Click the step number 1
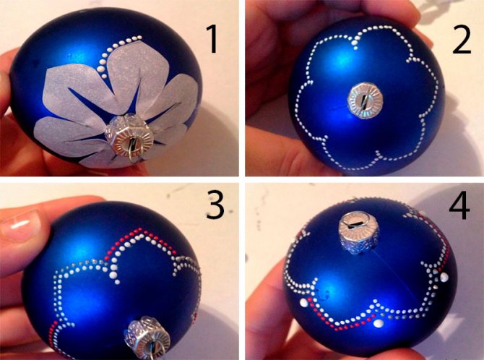tap(212, 39)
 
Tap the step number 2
tap(462, 39)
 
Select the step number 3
tap(215, 205)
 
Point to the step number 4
tap(459, 205)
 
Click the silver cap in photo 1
tap(129, 136)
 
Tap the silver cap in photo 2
tap(365, 100)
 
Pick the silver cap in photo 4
tap(358, 232)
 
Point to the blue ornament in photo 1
tap(105, 87)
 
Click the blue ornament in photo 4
tap(370, 275)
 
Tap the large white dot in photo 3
tap(113, 275)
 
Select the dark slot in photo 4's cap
tap(358, 223)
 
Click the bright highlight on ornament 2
tap(340, 58)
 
